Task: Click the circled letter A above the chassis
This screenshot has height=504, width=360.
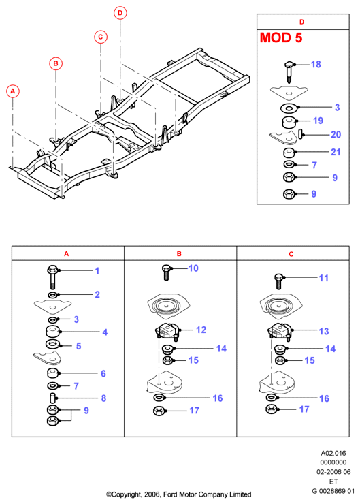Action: (x=13, y=91)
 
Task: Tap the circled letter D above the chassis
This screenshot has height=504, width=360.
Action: (x=120, y=13)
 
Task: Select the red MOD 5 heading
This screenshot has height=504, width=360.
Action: (x=281, y=37)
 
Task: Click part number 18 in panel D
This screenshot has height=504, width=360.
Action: (x=316, y=65)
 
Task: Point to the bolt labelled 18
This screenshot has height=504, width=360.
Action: (x=289, y=72)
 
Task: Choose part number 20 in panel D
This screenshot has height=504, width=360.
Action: (x=336, y=134)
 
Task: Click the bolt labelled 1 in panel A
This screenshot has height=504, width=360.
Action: (x=52, y=277)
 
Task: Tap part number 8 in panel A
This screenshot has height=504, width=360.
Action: (x=103, y=398)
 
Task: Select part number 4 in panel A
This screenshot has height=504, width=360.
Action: (x=105, y=332)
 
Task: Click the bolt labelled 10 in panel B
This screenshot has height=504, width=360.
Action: (x=166, y=272)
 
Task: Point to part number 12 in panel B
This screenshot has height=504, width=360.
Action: (x=201, y=330)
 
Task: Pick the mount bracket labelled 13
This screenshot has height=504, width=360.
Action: (x=280, y=332)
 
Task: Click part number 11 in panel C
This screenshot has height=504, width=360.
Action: (x=323, y=278)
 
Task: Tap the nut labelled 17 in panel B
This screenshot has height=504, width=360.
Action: (x=159, y=411)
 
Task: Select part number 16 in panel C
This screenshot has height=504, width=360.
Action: (x=324, y=398)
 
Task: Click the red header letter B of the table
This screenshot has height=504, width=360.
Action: (x=179, y=254)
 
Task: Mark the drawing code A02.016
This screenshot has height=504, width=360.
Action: (x=333, y=453)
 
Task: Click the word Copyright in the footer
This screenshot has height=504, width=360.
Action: (x=125, y=494)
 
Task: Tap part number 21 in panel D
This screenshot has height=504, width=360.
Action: (x=336, y=152)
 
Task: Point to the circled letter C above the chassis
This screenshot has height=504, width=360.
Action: (x=101, y=37)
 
